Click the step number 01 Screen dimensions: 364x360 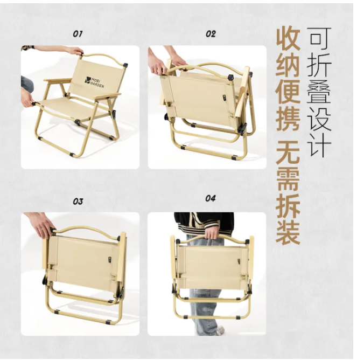(x=78, y=34)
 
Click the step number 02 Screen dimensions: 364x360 (x=211, y=34)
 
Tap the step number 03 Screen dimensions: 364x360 (x=78, y=201)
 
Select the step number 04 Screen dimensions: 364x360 (x=211, y=198)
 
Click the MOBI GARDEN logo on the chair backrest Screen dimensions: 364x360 (x=94, y=82)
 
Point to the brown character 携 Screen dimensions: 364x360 (x=288, y=119)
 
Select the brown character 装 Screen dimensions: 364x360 (x=288, y=233)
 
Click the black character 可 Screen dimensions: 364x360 (x=319, y=39)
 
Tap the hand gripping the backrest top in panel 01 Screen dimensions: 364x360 (x=75, y=51)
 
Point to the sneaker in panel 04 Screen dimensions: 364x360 (x=220, y=331)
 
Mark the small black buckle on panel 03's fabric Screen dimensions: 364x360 (x=109, y=260)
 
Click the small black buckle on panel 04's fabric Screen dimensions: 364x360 (x=239, y=262)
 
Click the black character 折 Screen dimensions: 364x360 (x=319, y=65)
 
